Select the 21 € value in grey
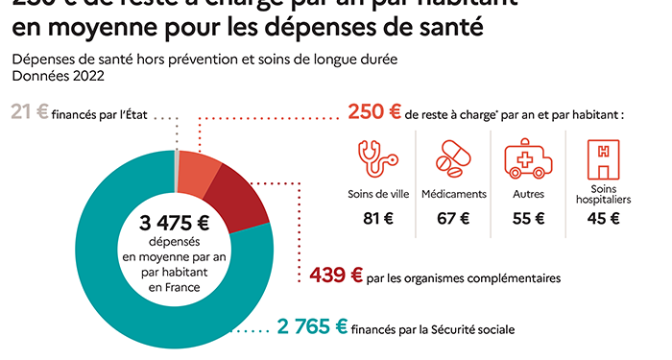click(x=29, y=111)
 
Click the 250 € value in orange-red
click(x=374, y=111)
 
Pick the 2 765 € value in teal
click(x=313, y=327)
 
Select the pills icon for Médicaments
click(x=456, y=156)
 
